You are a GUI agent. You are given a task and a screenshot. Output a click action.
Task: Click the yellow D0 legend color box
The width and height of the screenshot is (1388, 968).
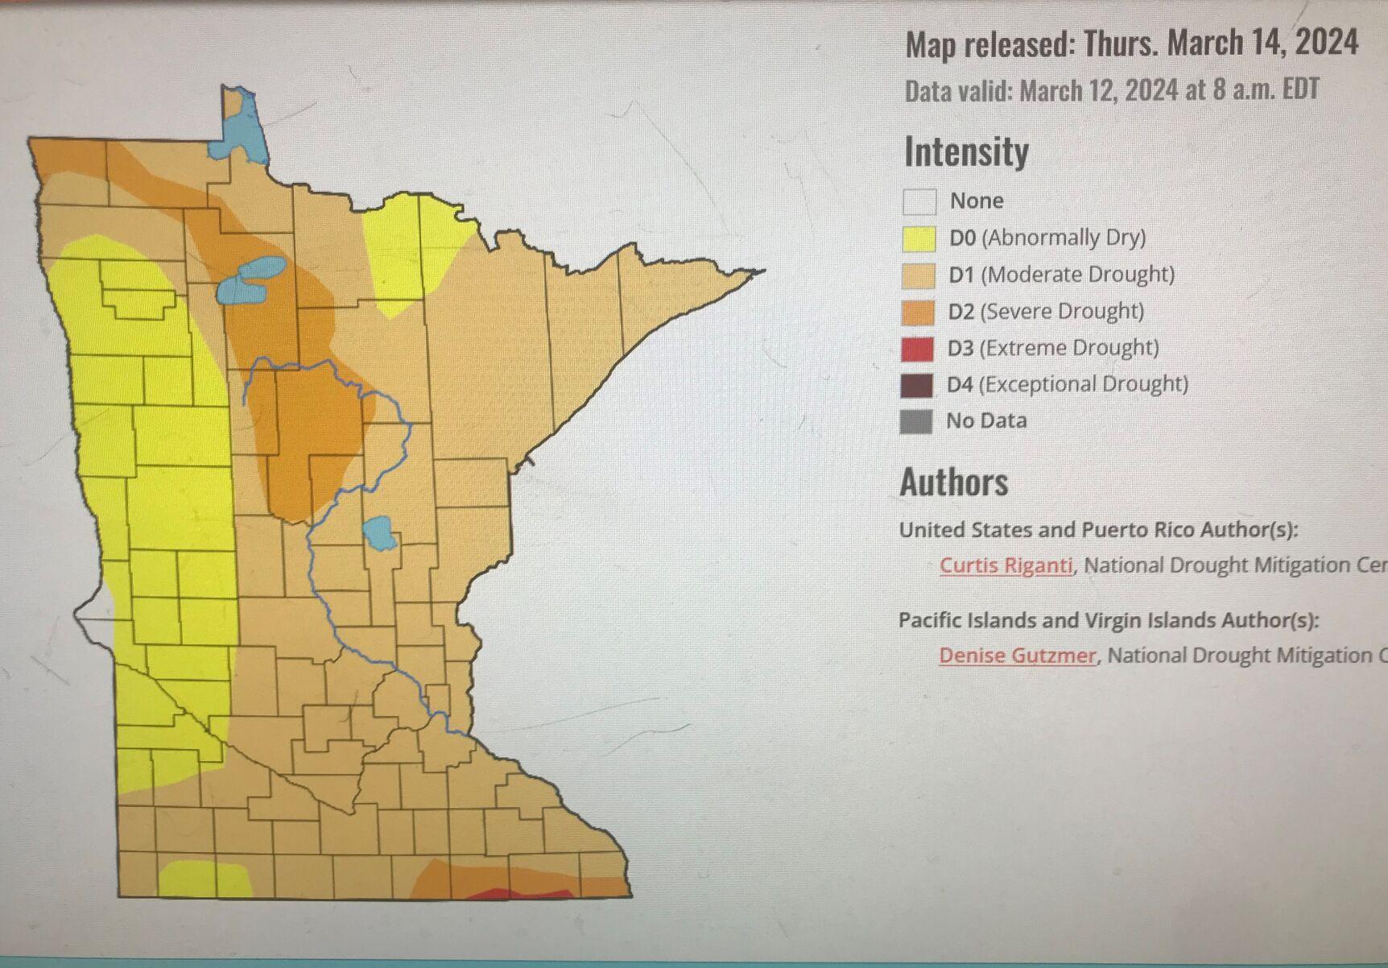click(x=919, y=239)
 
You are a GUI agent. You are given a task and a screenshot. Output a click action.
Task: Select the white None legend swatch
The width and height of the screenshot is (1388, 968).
click(x=919, y=201)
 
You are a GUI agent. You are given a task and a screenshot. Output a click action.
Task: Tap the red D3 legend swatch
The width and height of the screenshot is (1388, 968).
click(x=917, y=349)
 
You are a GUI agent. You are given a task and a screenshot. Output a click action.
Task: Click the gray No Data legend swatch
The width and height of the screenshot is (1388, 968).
click(x=915, y=421)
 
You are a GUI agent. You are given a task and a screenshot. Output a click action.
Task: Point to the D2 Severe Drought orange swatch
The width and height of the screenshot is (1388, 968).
click(x=918, y=312)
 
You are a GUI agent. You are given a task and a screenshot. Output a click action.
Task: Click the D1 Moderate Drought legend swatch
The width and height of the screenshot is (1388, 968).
click(x=919, y=275)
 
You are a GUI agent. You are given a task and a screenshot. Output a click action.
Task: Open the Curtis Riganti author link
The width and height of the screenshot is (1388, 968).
click(x=1006, y=565)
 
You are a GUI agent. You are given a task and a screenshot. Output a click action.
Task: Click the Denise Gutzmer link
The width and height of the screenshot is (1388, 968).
click(x=1017, y=656)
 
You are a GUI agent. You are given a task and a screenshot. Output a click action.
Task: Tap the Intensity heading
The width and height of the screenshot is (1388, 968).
click(x=966, y=151)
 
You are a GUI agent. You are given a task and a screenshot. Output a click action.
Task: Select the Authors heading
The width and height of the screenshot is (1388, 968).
click(x=953, y=482)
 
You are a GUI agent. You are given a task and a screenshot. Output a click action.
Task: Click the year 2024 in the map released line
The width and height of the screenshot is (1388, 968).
click(x=1326, y=42)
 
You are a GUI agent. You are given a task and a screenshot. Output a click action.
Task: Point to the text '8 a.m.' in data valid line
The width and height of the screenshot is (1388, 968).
click(x=1243, y=89)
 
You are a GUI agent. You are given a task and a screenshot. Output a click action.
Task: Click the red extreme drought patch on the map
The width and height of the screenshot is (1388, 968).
click(x=515, y=894)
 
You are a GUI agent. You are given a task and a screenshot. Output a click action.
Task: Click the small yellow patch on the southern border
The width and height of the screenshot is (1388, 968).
click(x=205, y=879)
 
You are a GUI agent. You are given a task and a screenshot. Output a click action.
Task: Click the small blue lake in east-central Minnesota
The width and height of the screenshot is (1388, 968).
click(x=379, y=533)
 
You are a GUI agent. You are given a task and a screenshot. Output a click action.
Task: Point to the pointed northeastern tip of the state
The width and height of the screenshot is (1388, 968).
click(x=761, y=271)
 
